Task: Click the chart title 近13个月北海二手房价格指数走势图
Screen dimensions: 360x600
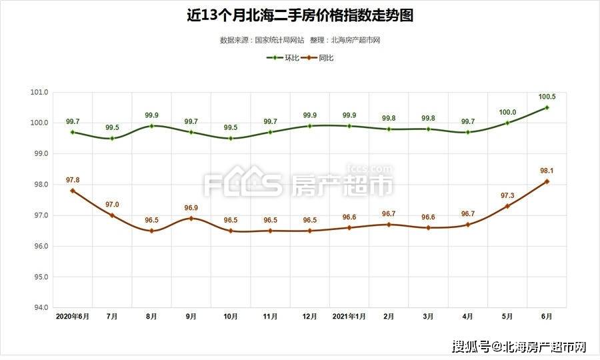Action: [x=300, y=15]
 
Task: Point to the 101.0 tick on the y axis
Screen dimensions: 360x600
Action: [x=40, y=92]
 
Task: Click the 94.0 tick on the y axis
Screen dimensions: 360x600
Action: [x=40, y=308]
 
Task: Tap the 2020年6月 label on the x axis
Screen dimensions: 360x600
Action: [x=72, y=317]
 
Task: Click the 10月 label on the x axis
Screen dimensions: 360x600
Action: [x=231, y=317]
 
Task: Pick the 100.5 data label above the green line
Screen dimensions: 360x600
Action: [x=547, y=97]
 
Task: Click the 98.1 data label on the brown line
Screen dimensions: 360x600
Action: [x=547, y=171]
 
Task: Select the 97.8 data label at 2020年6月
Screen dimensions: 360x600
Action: [x=73, y=180]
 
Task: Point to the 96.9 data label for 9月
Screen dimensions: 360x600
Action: [x=191, y=208]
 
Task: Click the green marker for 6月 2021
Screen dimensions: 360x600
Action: [x=547, y=107]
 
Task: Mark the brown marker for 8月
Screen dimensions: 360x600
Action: [x=151, y=231]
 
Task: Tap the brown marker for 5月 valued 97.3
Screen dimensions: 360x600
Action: [x=507, y=206]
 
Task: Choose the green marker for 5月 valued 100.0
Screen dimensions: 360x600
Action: [x=507, y=123]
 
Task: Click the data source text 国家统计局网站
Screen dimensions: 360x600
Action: [x=279, y=40]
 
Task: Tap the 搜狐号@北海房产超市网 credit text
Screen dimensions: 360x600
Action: [x=519, y=347]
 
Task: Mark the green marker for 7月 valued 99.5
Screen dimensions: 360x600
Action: [x=112, y=138]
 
